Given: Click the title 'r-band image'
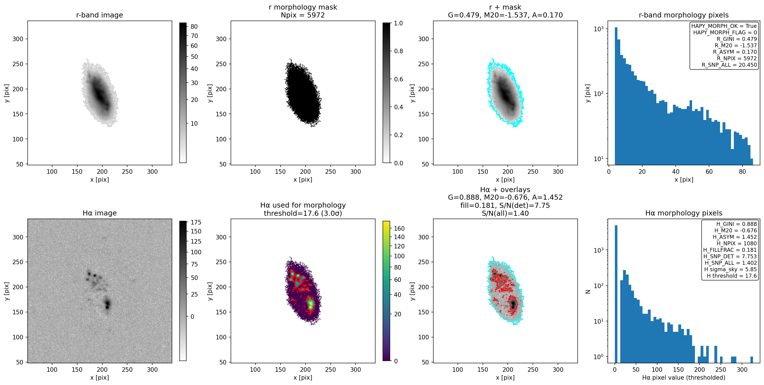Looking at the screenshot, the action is (x=99, y=15).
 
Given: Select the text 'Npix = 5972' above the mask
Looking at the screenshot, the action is (x=302, y=15).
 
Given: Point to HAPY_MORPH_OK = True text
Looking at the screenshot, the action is (x=724, y=26).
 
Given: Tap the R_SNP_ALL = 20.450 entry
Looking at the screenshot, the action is (x=729, y=65).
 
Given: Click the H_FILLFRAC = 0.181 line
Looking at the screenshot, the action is (x=730, y=250).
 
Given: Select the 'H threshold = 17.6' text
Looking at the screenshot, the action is (x=732, y=276).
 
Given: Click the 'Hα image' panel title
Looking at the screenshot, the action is (x=99, y=213).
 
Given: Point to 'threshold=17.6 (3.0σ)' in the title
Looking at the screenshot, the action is (x=303, y=213).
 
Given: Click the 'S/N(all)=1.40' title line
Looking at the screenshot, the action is (x=505, y=213).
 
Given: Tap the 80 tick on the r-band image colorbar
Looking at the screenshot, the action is (x=194, y=26).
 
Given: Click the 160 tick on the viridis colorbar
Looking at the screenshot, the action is (x=399, y=228).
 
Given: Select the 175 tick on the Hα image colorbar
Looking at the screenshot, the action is (x=196, y=222).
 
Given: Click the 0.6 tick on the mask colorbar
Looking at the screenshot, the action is (x=398, y=79).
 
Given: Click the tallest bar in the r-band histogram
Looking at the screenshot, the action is (x=616, y=96).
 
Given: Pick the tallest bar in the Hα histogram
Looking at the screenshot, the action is (x=616, y=294).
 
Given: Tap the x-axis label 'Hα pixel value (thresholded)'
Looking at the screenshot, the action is (x=684, y=377).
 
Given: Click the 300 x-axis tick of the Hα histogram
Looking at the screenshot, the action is (x=742, y=369).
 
